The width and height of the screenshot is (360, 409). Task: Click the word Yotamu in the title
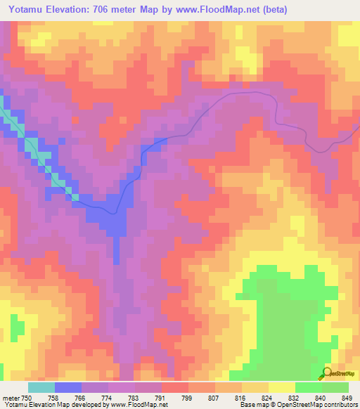pos(28,10)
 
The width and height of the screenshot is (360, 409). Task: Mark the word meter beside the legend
pos(11,398)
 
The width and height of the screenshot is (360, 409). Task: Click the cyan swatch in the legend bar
pos(41,387)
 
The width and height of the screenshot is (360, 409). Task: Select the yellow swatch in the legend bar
pos(281,387)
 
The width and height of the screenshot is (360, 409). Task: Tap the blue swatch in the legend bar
pos(68,387)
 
